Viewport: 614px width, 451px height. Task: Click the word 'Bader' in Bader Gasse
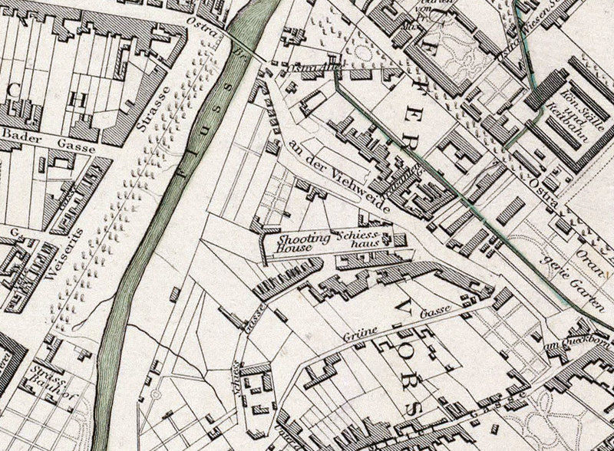(x=21, y=134)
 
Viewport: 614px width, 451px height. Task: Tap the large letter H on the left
(x=78, y=98)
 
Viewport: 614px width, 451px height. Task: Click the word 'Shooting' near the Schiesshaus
(x=305, y=239)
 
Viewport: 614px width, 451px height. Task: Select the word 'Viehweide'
(x=358, y=193)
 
